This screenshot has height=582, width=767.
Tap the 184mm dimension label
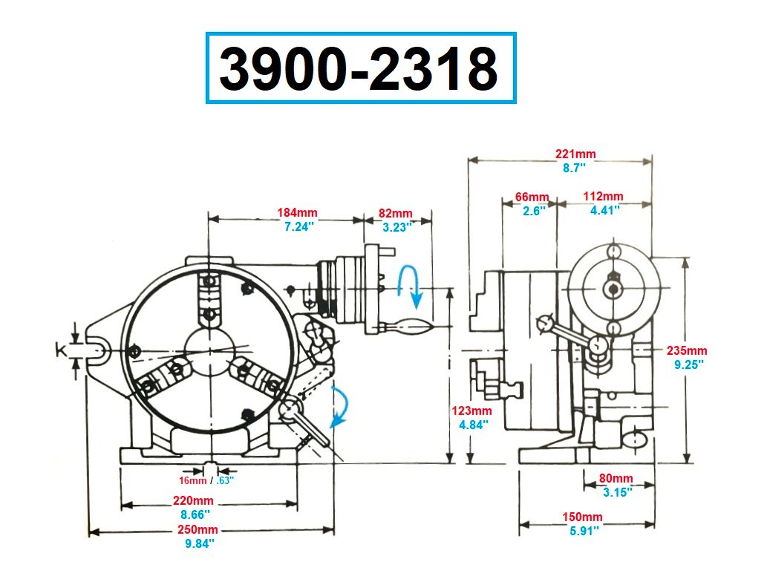(298, 213)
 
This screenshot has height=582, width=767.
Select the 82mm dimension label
(395, 214)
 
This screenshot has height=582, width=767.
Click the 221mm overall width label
(575, 154)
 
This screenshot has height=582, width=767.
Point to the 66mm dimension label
(532, 197)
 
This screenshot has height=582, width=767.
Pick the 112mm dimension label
(603, 197)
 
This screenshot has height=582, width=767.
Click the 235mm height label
(687, 350)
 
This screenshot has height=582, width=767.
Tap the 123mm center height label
(471, 411)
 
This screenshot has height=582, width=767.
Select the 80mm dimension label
(616, 478)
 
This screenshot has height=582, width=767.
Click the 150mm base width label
(582, 517)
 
